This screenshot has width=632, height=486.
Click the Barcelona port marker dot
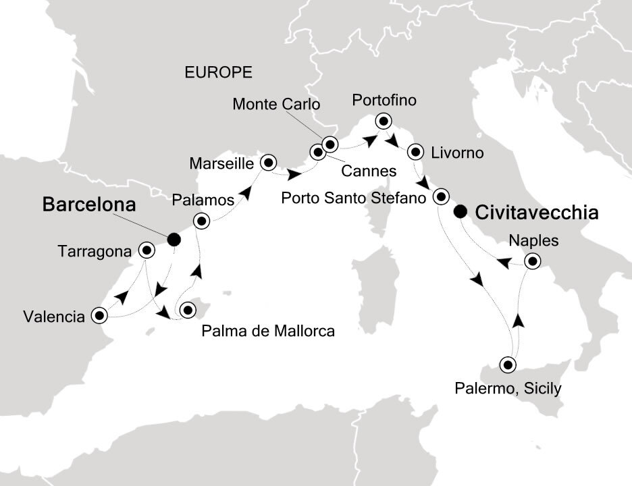[174, 238]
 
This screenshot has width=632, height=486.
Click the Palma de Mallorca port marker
[188, 310]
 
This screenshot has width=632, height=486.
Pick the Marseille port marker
[269, 161]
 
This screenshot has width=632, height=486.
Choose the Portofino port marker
[384, 122]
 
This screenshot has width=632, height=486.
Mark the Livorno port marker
[417, 151]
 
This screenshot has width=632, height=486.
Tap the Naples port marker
[533, 261]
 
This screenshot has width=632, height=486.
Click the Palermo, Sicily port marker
[508, 365]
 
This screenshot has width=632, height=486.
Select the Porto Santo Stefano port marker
[441, 197]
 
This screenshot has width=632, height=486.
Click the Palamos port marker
[201, 220]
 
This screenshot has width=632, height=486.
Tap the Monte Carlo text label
[275, 104]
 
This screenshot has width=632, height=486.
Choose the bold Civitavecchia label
[537, 213]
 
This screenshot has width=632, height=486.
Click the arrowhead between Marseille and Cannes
[294, 174]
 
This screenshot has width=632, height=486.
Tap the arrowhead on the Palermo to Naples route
[517, 319]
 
